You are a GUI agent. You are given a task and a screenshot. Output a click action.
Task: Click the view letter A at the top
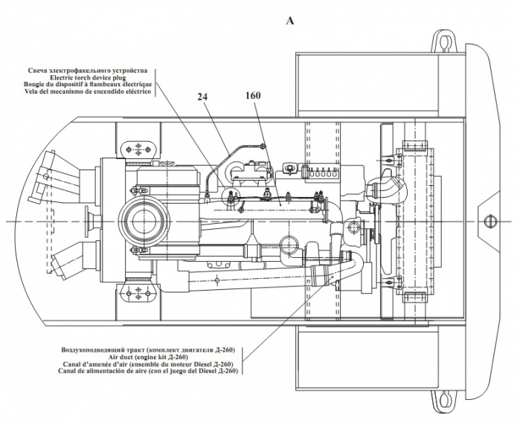[289, 21]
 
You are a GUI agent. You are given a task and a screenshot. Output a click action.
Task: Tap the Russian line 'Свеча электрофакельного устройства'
[90, 71]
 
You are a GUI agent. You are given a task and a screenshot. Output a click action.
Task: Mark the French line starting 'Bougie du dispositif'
[93, 85]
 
